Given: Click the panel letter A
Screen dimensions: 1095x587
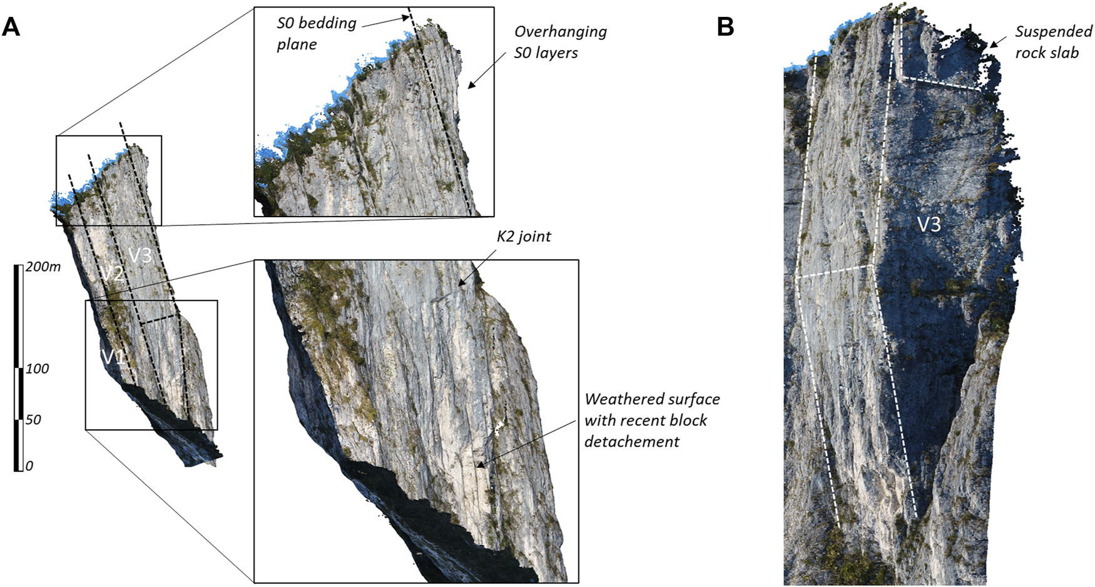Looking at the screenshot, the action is coord(11,28).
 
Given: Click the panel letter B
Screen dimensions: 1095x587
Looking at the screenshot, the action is coord(725,28).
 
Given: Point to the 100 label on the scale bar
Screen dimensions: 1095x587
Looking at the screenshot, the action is coord(37,369).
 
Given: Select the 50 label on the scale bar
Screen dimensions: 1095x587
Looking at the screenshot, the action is coord(33,419).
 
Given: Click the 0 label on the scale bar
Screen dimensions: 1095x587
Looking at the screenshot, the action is coord(29,466).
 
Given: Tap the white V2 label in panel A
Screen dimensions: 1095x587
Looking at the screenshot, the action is coord(113,273).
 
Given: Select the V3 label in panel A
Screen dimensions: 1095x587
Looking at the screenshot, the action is coord(140,255).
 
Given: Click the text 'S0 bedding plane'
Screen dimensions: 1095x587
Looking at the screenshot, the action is coord(316,34).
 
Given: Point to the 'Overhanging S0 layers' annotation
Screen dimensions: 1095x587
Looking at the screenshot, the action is coord(560,42).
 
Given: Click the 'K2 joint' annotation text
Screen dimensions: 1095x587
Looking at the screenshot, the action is coord(524,237).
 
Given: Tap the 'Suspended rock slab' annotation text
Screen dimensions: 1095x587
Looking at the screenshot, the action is coord(1053,42).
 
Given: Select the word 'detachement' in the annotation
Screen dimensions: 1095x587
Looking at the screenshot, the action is coord(631,442).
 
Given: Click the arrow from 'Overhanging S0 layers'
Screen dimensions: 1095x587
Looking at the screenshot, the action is coord(487,69).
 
